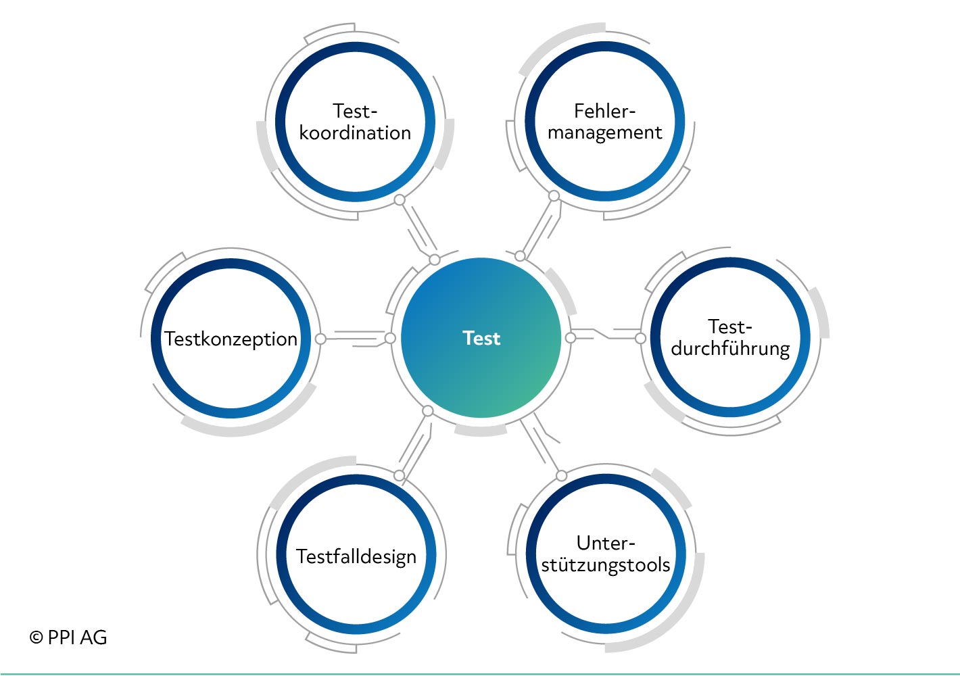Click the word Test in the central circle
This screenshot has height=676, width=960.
[x=481, y=338]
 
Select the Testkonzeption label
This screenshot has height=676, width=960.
[x=231, y=339]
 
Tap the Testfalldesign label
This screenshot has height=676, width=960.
[x=356, y=557]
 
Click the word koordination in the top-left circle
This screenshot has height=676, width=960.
[x=355, y=133]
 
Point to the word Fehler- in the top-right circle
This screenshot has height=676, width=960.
[x=604, y=112]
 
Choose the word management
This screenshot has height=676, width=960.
[x=604, y=133]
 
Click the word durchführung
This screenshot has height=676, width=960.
[x=730, y=349]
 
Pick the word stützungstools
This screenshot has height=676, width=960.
[x=606, y=565]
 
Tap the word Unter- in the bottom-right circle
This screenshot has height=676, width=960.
[x=606, y=544]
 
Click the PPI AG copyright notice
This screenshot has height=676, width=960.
[x=68, y=637]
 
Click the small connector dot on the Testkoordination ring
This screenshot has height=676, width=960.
[x=400, y=199]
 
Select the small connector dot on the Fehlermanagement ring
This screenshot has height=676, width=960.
[x=554, y=196]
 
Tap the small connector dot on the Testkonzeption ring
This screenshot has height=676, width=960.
[x=320, y=339]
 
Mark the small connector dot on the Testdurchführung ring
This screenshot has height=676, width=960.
[x=640, y=338]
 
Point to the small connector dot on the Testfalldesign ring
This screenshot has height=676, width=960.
[x=399, y=475]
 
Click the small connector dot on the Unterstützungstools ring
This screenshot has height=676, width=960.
[x=561, y=476]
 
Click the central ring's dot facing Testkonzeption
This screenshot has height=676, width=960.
[x=390, y=338]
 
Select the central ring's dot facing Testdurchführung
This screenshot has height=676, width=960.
[x=571, y=338]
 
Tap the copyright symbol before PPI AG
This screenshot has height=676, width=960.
[x=37, y=637]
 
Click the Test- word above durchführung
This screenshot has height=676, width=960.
[x=730, y=327]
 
